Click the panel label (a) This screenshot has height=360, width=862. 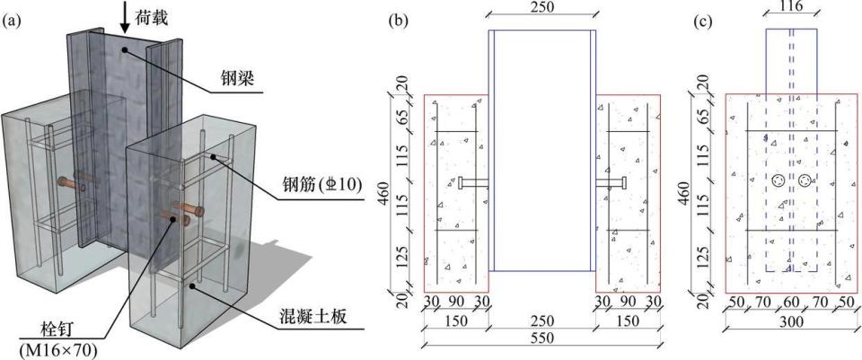(x=12, y=22)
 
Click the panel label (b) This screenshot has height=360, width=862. (x=398, y=22)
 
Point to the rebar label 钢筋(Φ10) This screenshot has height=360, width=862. (x=321, y=186)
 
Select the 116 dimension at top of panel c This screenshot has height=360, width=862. (x=792, y=6)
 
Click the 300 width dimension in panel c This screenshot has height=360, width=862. (x=792, y=321)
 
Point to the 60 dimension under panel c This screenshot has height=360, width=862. (x=792, y=302)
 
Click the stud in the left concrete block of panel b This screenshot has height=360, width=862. (x=474, y=183)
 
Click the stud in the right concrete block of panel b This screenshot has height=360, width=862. (x=611, y=183)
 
